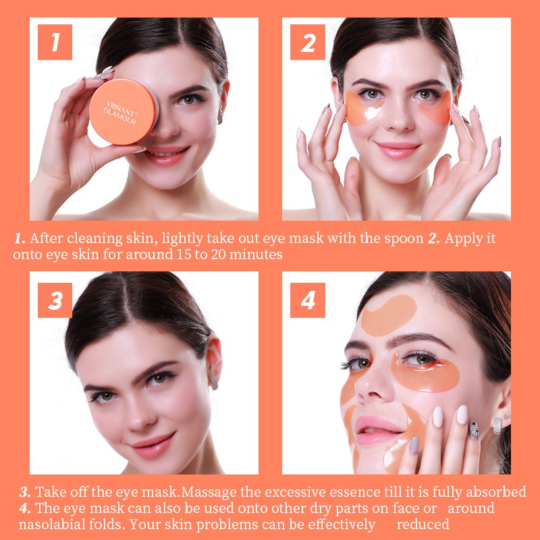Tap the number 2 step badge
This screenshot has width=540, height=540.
(x=308, y=43)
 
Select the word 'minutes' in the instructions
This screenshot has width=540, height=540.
(x=256, y=254)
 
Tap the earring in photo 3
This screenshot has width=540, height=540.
(x=214, y=382)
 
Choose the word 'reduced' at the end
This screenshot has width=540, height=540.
(x=423, y=524)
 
